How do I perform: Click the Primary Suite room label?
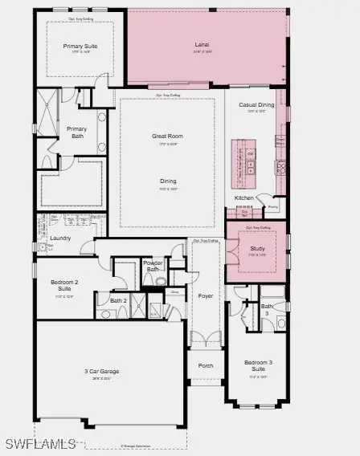80,47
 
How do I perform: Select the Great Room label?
167,136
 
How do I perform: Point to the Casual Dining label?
256,105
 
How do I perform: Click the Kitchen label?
244,197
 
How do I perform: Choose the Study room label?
257,249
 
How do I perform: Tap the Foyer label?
205,296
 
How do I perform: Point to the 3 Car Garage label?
102,372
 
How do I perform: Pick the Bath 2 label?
118,301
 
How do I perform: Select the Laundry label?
60,238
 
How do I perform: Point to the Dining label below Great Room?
167,181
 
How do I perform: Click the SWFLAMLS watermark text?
40,443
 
